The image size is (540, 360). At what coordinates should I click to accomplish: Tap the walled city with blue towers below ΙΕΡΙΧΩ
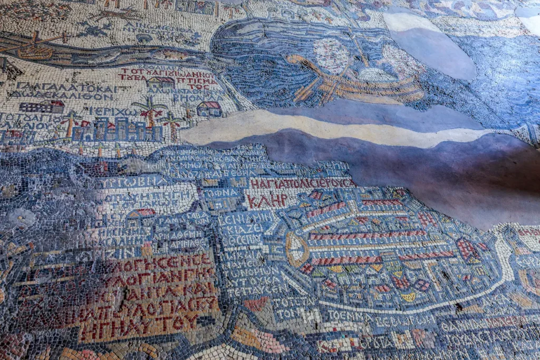click(117, 130)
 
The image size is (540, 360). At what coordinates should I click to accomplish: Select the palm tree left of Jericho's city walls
click(69, 124)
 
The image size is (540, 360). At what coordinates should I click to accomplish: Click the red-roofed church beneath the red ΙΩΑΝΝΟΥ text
click(161, 83)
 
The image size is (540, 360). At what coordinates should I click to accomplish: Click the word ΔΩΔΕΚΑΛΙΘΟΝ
click(62, 96)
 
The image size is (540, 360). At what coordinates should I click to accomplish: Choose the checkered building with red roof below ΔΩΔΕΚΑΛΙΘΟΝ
click(42, 106)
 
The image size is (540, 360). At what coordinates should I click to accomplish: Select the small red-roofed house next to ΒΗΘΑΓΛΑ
click(209, 108)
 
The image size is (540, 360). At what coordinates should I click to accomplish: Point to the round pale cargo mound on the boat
click(331, 55)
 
